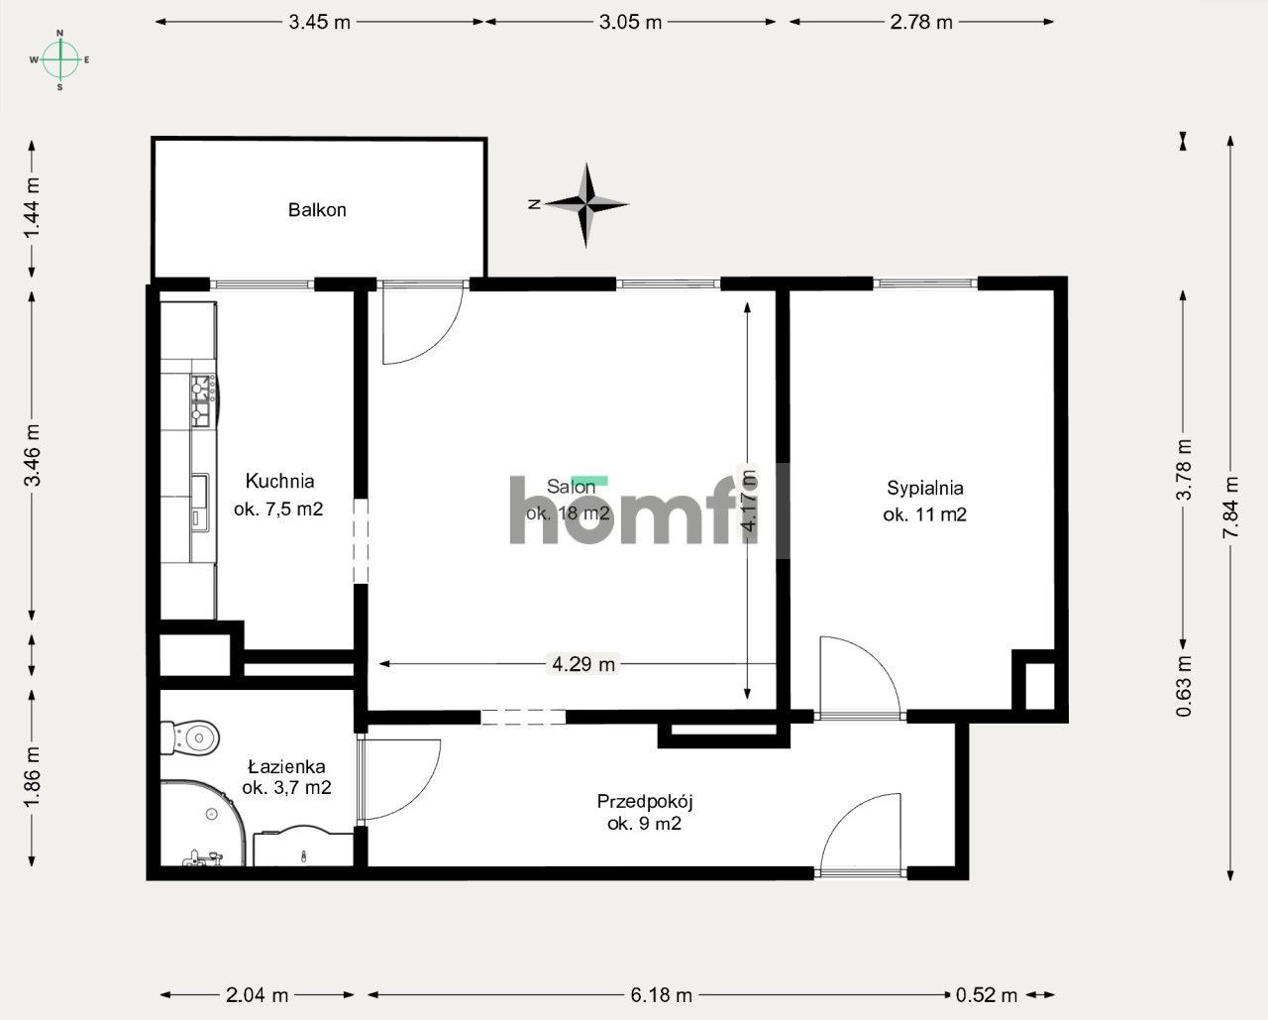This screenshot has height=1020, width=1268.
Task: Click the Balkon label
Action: tap(317, 210)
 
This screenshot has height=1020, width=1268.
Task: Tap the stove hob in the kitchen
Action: tap(203, 400)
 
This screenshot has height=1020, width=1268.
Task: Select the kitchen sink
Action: tap(200, 502)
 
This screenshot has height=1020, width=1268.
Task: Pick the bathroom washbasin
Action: tap(303, 848)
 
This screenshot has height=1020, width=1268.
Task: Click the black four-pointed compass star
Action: tap(587, 204)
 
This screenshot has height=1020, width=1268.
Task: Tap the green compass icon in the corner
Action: tap(60, 59)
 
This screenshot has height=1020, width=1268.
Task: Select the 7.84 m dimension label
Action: tap(1231, 508)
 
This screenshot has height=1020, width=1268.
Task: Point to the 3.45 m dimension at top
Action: tap(319, 22)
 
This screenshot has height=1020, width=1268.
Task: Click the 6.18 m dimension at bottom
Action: tap(661, 994)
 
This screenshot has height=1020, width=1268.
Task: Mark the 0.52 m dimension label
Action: tap(987, 994)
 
